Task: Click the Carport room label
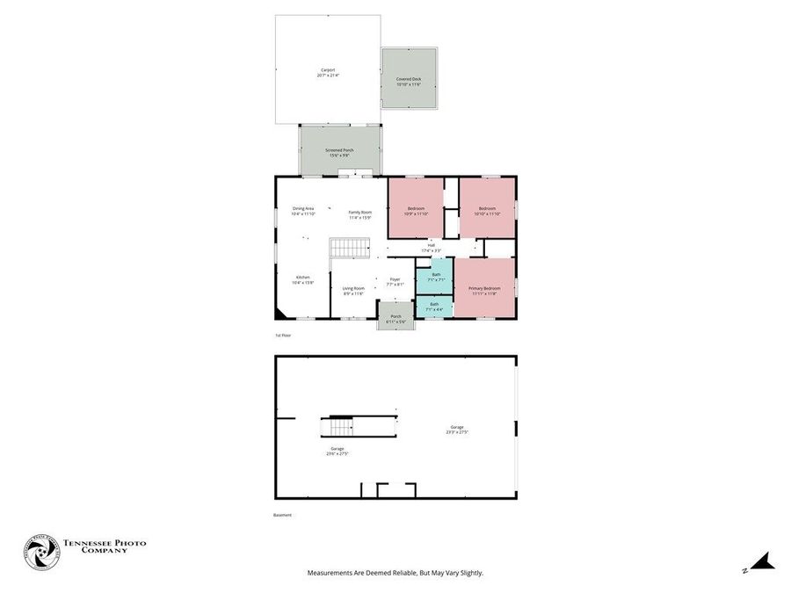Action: (x=327, y=72)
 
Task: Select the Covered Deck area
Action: (x=410, y=80)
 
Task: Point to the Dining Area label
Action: (x=303, y=211)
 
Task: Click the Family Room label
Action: (x=360, y=213)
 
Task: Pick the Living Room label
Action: (x=353, y=291)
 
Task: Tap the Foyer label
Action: (x=395, y=281)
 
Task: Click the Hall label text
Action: (x=432, y=247)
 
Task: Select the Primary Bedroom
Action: (x=484, y=290)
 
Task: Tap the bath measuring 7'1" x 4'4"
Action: (x=434, y=307)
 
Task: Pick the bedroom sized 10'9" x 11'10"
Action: (x=416, y=210)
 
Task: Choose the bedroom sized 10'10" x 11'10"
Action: (x=487, y=210)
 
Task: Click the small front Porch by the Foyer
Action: (x=395, y=318)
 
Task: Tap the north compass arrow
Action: (x=761, y=563)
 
